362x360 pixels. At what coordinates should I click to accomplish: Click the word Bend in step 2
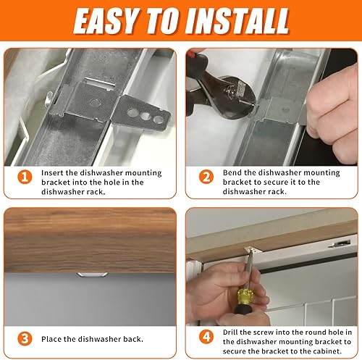pyautogui.click(x=232, y=173)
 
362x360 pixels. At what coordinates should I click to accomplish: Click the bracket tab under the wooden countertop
pyautogui.click(x=92, y=275)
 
